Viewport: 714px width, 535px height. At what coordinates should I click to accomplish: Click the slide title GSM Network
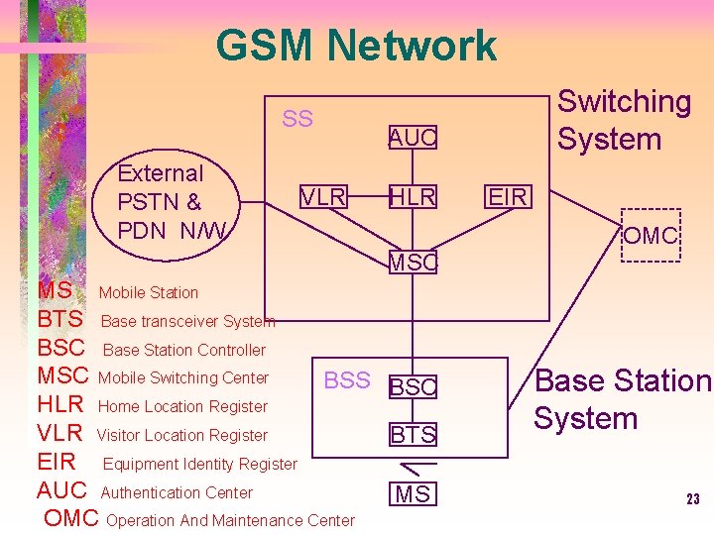(356, 46)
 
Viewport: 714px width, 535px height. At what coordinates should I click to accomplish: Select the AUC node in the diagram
(413, 139)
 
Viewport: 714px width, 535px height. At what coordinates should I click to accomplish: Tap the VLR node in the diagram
(324, 197)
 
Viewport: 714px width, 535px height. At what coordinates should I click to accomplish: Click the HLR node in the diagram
(413, 197)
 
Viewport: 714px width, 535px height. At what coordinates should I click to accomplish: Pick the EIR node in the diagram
(507, 196)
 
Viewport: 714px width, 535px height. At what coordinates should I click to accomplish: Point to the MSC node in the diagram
(413, 263)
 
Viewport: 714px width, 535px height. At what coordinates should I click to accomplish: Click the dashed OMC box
(651, 236)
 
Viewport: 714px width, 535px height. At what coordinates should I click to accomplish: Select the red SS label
(297, 120)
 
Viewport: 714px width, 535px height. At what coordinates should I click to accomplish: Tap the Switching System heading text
(624, 120)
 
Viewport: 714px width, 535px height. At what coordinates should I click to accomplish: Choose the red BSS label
(347, 380)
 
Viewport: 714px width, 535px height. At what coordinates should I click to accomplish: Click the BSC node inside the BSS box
(413, 387)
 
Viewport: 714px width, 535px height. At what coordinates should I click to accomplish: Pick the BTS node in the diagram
(413, 434)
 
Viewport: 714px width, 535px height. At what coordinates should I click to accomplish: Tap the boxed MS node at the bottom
(413, 493)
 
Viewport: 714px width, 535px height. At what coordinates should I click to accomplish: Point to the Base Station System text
(623, 399)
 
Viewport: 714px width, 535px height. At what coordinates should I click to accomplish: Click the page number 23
(693, 499)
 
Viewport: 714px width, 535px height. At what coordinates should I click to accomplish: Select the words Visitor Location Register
(182, 435)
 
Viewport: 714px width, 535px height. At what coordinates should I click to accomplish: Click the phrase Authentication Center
(177, 492)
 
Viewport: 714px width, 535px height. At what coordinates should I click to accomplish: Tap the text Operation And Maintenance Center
(230, 520)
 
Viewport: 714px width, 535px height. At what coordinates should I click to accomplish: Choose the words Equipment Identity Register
(199, 464)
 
